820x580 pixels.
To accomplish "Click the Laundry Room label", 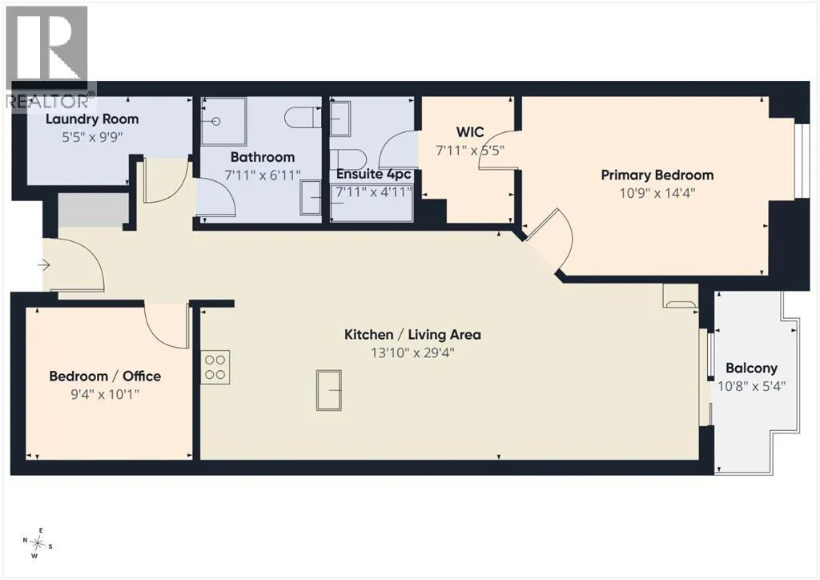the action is tap(92, 120).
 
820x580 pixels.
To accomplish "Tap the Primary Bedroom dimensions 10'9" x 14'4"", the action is tap(657, 194).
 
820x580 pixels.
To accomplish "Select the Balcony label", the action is tap(751, 369).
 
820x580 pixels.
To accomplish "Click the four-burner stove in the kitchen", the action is tap(215, 367).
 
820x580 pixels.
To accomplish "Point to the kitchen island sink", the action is tap(329, 390).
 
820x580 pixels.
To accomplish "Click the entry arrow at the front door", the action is tap(44, 266).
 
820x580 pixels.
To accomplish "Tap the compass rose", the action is tap(37, 543).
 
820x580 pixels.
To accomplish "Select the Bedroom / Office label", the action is tap(105, 376).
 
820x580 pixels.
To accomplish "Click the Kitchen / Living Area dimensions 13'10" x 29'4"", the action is tap(412, 353).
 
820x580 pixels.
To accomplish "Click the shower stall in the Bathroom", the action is tap(224, 121).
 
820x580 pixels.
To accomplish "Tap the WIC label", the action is tap(470, 132).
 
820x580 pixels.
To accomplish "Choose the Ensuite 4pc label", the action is tap(374, 174).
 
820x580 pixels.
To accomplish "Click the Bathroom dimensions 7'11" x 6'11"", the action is tap(263, 175).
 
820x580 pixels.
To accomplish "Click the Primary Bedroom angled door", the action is tap(551, 238).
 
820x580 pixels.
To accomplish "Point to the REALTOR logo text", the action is tap(50, 100).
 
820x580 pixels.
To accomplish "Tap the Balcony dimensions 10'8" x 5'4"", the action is tap(751, 386).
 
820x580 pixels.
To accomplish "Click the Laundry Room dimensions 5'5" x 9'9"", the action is tap(93, 138).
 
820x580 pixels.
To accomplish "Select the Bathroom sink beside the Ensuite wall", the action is tap(312, 197).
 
